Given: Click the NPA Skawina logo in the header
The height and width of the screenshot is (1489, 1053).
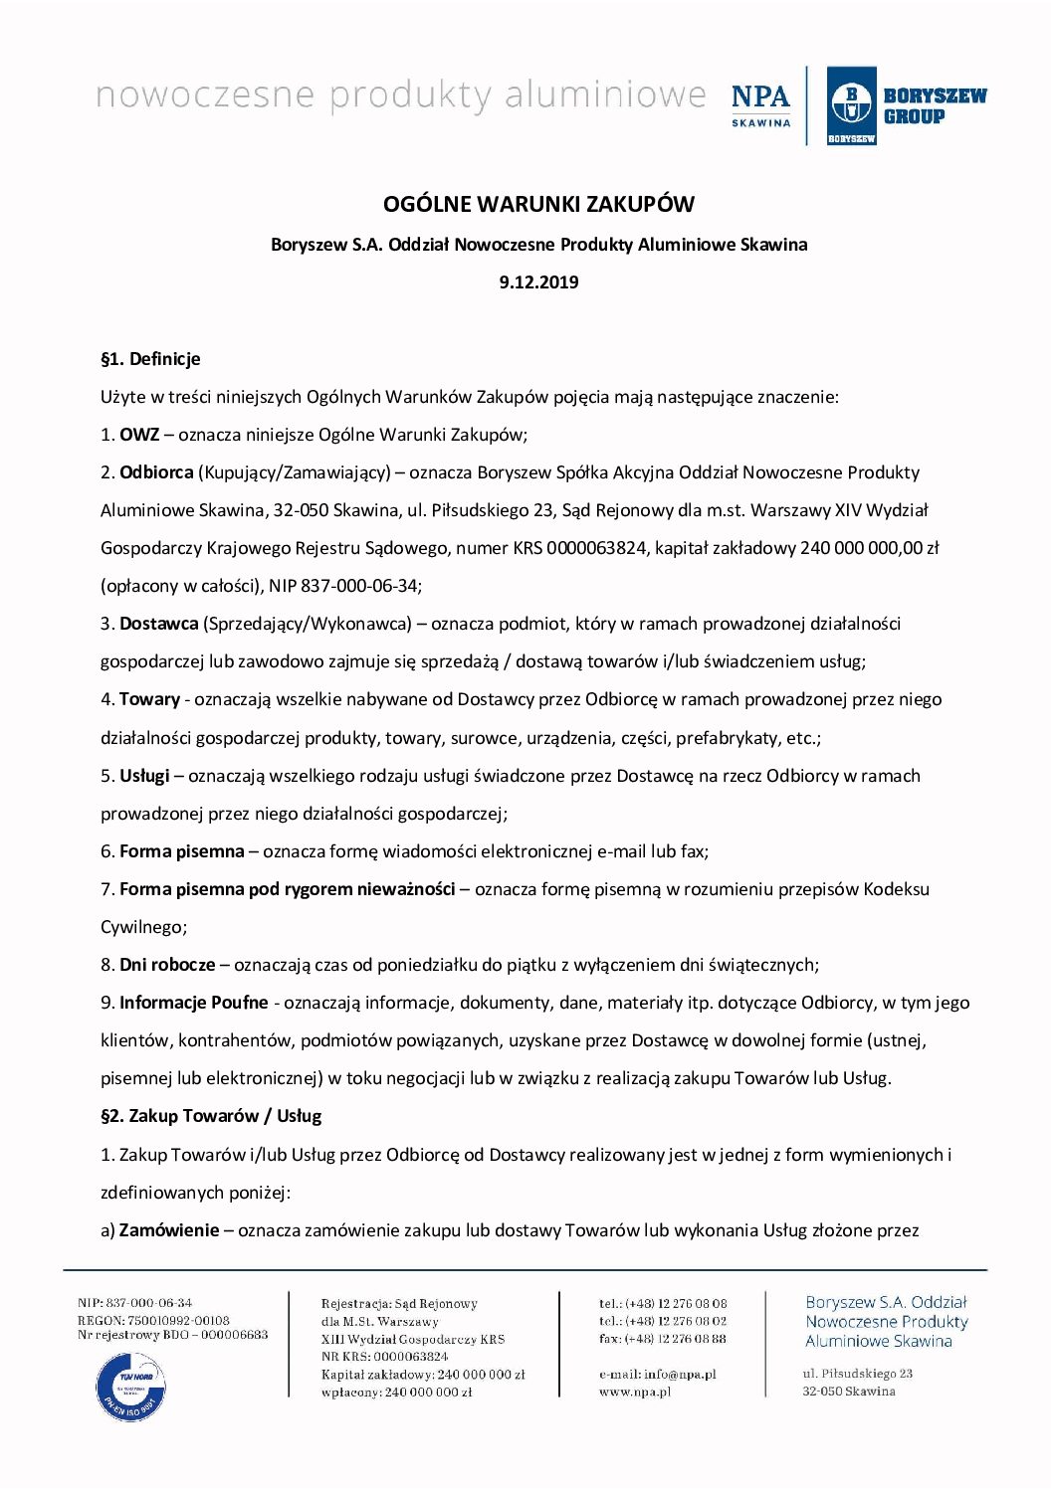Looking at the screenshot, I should click(x=760, y=104).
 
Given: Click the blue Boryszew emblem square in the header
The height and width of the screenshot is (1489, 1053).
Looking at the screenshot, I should click(x=851, y=105).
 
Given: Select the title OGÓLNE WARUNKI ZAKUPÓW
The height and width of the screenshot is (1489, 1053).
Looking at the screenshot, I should click(x=538, y=205).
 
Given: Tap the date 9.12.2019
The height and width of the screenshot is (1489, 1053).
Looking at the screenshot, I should click(x=538, y=282).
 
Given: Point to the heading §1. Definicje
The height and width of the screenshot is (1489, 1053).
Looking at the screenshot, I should click(x=150, y=359).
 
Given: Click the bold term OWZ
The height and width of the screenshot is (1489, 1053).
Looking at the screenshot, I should click(x=139, y=435).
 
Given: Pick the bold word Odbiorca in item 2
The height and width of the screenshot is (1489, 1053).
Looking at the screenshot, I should click(x=156, y=472).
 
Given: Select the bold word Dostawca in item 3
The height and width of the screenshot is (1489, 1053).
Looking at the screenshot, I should click(x=158, y=624).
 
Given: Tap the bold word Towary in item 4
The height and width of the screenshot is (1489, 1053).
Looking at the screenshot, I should click(x=149, y=699).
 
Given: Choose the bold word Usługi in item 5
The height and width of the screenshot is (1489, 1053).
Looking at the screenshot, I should click(x=144, y=776).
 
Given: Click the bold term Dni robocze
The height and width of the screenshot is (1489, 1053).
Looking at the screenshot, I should click(x=167, y=965).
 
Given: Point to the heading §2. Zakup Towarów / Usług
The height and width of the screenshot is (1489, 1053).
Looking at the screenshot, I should click(x=211, y=1116).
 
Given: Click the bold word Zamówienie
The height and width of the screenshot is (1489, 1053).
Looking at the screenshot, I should click(x=169, y=1230).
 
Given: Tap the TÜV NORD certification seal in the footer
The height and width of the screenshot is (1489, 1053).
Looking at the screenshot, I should click(x=130, y=1386).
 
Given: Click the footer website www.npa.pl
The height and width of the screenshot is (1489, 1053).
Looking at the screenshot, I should click(x=635, y=1392).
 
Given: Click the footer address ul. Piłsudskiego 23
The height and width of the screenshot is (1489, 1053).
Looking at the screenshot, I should click(x=858, y=1374).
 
